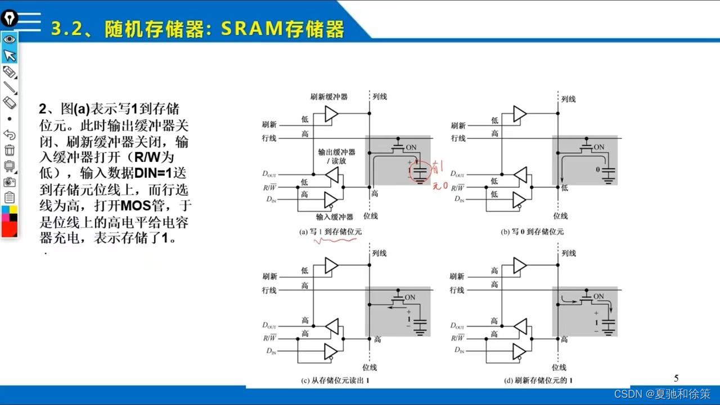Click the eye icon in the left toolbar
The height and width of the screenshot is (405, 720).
[x=9, y=39]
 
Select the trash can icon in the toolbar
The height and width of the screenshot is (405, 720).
[x=9, y=150]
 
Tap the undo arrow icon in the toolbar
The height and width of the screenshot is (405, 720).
[x=9, y=134]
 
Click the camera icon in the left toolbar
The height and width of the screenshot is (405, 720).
[x=9, y=182]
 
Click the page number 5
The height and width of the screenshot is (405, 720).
[x=676, y=378]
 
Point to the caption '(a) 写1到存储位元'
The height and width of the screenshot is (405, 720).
[x=330, y=231]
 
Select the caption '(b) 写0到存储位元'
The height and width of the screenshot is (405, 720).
[x=532, y=231]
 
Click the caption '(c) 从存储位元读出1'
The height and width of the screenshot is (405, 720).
[x=334, y=380]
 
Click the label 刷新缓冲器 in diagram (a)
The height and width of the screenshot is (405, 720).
[x=328, y=97]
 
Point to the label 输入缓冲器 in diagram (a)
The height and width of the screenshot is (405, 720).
[x=334, y=217]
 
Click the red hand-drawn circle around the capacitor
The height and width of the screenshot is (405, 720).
[x=420, y=172]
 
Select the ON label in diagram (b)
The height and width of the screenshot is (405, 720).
[x=599, y=147]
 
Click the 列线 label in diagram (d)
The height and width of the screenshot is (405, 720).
[x=569, y=254]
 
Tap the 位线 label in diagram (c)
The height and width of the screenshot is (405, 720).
[x=370, y=367]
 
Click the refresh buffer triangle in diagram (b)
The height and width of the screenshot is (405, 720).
[x=519, y=115]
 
